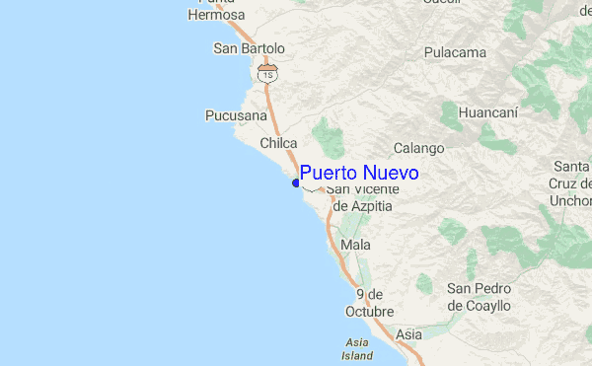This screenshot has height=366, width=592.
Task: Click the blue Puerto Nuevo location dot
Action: (x=296, y=183)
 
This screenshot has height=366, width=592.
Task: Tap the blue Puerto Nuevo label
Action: (x=359, y=173)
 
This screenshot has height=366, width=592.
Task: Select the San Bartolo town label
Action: (x=249, y=48)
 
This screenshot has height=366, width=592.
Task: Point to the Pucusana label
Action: (x=236, y=115)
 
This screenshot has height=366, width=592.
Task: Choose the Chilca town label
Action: (x=278, y=144)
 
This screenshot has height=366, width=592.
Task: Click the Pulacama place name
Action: (x=456, y=52)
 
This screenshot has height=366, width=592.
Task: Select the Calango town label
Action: (x=419, y=149)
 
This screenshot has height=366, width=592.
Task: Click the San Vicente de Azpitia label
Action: (x=363, y=197)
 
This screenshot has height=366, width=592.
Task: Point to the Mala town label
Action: (x=354, y=244)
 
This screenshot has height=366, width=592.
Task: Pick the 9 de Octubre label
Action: (x=374, y=303)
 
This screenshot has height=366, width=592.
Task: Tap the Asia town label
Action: (x=408, y=335)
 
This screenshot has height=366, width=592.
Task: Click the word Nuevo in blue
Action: (x=392, y=173)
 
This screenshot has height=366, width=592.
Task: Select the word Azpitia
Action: (x=364, y=206)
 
